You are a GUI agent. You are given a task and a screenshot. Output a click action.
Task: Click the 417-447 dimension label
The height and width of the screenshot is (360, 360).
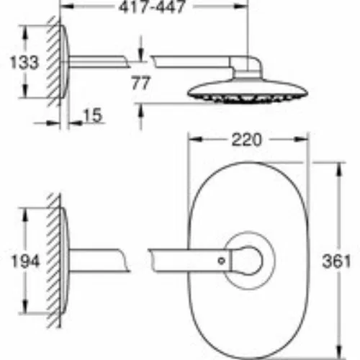click(152, 6)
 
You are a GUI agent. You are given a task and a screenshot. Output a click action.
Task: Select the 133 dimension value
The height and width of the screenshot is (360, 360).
click(24, 63)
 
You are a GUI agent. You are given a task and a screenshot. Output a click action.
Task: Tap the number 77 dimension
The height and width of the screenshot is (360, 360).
click(140, 83)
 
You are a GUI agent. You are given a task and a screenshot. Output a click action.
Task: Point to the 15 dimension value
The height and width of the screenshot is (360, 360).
click(93, 115)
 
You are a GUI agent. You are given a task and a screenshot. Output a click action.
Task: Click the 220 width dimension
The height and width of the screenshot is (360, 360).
click(246, 140)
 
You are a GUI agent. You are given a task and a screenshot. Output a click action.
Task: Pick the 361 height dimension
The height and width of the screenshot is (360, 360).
click(336, 261)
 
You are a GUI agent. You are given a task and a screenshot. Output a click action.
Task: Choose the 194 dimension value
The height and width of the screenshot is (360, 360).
click(25, 261)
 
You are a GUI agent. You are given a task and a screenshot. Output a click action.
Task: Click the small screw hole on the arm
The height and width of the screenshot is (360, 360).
click(221, 261)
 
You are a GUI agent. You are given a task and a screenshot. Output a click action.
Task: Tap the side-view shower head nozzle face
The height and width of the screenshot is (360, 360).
click(247, 99)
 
